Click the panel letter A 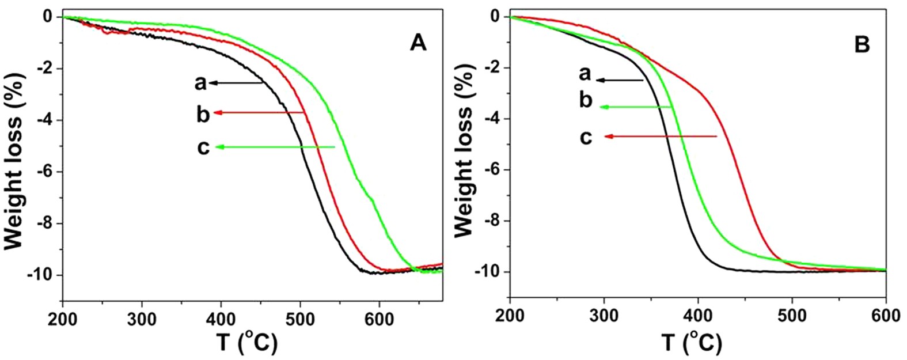(x=418, y=43)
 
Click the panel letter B (x=862, y=45)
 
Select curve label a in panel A (x=200, y=84)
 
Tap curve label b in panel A (x=203, y=114)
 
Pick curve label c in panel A (x=203, y=147)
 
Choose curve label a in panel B (x=585, y=74)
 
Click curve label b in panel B (x=585, y=100)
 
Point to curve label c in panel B (x=586, y=138)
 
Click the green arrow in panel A (x=275, y=147)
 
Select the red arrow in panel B (x=661, y=137)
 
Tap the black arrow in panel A (x=237, y=83)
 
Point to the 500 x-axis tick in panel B (x=792, y=316)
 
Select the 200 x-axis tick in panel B (x=510, y=316)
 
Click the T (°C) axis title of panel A (x=247, y=343)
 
